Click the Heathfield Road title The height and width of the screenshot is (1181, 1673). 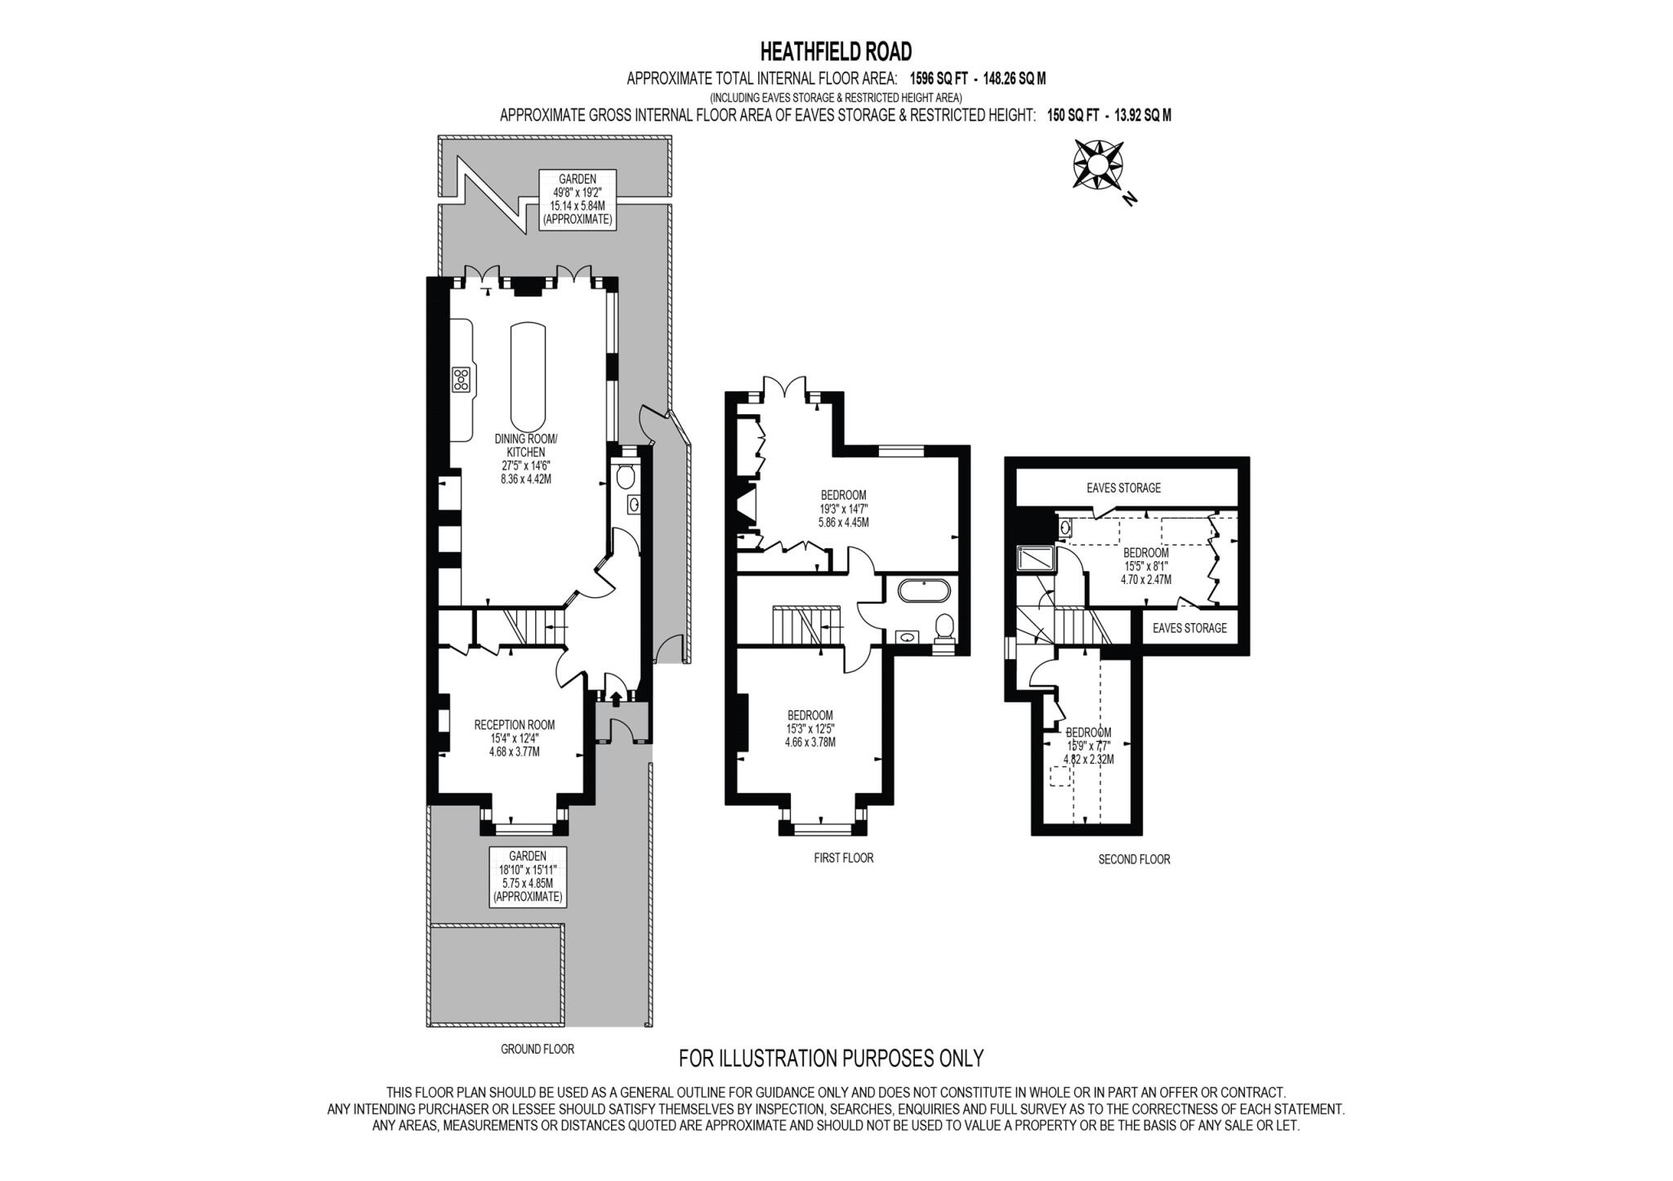(x=836, y=52)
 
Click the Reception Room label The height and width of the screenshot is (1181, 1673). (x=515, y=724)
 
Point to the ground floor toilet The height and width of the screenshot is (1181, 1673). (x=627, y=476)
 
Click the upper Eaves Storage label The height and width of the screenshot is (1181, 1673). (x=1123, y=488)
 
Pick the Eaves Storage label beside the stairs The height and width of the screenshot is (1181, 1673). (x=1189, y=628)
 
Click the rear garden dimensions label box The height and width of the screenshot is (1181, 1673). (x=577, y=200)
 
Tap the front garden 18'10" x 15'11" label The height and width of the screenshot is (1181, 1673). (x=528, y=876)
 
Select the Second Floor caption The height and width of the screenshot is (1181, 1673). (x=1134, y=859)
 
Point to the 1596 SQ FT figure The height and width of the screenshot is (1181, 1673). (x=938, y=79)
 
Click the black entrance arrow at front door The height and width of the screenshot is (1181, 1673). (x=615, y=696)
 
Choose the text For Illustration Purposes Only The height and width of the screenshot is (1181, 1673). (x=831, y=1058)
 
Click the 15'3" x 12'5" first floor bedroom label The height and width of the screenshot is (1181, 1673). (x=810, y=729)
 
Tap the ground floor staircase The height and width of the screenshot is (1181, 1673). (x=523, y=626)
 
